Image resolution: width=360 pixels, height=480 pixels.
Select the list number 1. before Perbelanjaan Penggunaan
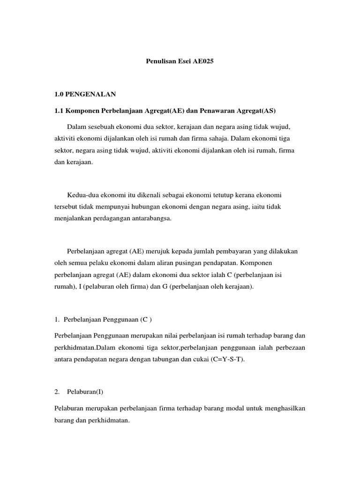[x=57, y=320]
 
